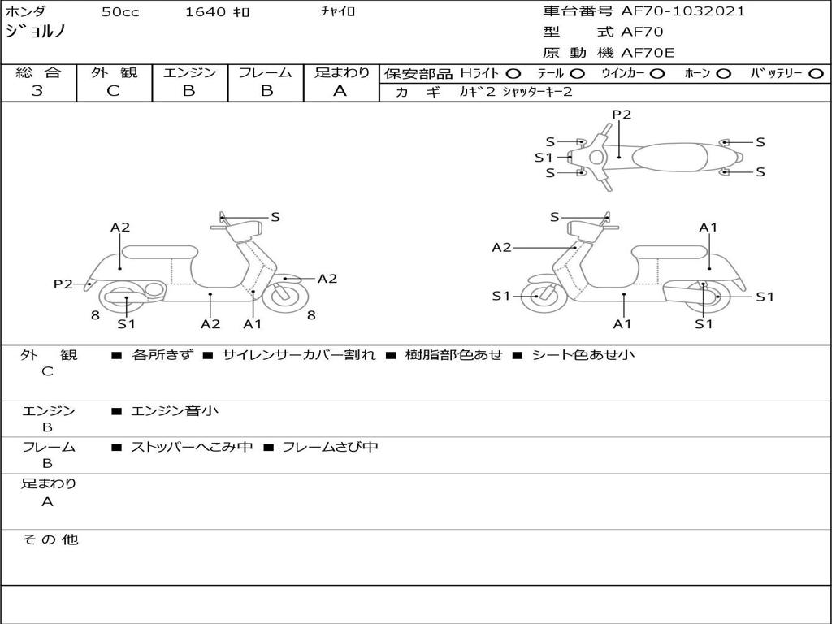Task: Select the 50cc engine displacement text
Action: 119,12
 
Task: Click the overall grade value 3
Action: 37,91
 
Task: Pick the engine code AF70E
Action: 648,54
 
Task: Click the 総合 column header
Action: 37,72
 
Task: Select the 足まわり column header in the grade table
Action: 341,72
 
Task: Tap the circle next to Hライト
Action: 513,73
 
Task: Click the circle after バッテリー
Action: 817,73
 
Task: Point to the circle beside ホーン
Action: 723,73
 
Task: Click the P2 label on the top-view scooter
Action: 621,115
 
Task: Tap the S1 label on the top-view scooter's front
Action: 544,158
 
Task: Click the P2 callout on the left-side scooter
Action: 63,284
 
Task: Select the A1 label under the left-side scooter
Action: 253,323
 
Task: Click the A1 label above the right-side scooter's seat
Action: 708,227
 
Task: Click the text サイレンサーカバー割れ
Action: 298,355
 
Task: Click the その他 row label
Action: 50,539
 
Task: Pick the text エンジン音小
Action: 175,411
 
